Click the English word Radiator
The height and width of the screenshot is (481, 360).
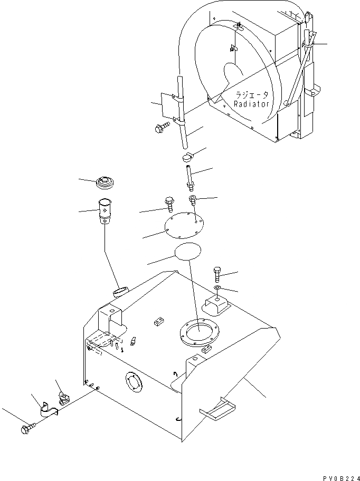tap(252, 104)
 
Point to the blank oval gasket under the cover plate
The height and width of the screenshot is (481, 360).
tap(188, 252)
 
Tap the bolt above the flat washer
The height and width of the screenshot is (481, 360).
tap(218, 274)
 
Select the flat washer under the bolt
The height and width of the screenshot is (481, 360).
tap(218, 288)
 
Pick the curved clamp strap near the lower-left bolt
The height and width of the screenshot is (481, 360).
tap(47, 410)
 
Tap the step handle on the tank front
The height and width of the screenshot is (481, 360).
tap(216, 410)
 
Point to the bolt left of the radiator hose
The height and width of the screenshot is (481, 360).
tap(160, 127)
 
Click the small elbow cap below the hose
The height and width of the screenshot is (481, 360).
tap(187, 157)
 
